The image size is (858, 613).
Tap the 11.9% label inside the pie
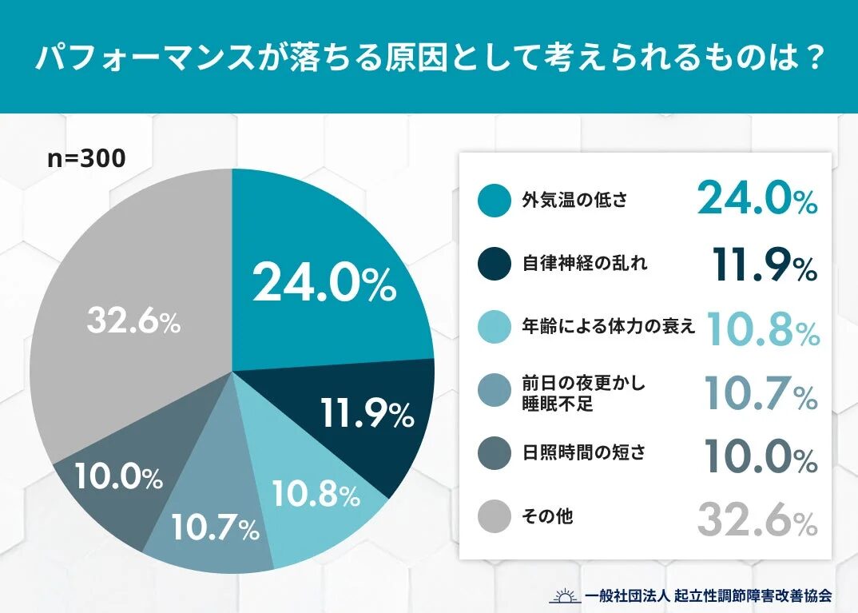click(x=367, y=412)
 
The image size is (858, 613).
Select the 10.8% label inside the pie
click(x=316, y=496)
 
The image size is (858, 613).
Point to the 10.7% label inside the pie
click(x=215, y=527)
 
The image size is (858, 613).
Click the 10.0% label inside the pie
click(x=119, y=477)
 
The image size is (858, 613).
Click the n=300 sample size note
click(x=86, y=158)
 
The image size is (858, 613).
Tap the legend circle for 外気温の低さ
click(x=495, y=200)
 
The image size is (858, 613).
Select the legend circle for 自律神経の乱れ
click(x=495, y=263)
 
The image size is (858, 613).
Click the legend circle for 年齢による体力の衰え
click(x=495, y=327)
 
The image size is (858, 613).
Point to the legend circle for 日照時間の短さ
click(x=495, y=453)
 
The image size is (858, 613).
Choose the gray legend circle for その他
click(x=495, y=516)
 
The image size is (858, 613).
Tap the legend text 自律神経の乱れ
click(x=574, y=263)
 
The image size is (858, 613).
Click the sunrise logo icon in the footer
click(x=565, y=595)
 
